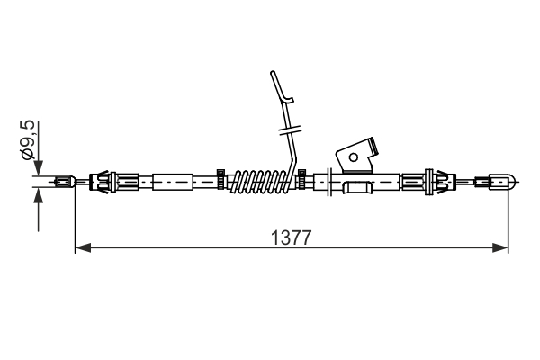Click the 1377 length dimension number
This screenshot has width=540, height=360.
coord(291,238)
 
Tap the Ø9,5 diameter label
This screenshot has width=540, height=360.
coord(28,139)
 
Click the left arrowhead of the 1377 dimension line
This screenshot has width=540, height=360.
coord(83,247)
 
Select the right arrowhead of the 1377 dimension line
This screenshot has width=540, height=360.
coord(500,247)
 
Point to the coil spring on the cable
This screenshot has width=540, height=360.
coord(261,182)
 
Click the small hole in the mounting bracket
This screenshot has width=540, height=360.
coord(354,157)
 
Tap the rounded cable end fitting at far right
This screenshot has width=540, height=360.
coord(496,181)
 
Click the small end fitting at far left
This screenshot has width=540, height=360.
coord(65,181)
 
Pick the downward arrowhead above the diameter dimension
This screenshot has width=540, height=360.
coord(38,167)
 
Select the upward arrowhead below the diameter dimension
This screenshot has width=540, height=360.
coord(38,195)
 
